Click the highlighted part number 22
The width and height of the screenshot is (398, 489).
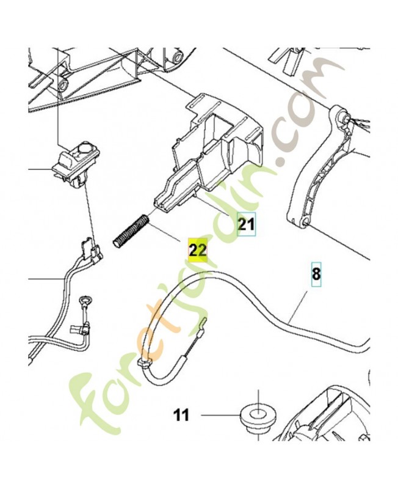click(198, 250)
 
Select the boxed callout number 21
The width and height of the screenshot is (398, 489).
click(247, 224)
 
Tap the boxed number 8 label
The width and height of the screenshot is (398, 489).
click(316, 274)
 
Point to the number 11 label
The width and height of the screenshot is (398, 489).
click(181, 415)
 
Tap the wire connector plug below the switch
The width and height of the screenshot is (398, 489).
click(91, 248)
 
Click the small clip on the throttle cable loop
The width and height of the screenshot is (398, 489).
click(144, 362)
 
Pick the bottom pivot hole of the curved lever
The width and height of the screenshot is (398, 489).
click(305, 221)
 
